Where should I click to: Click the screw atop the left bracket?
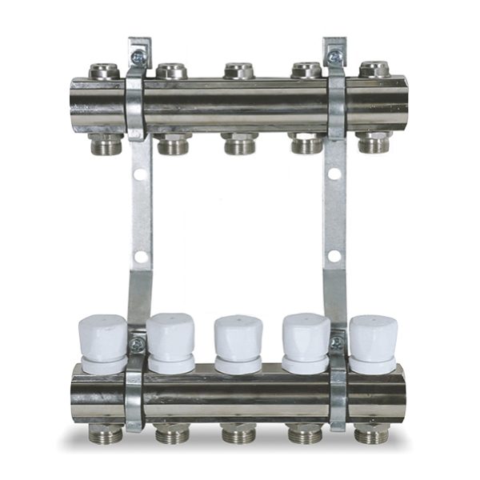point(139,57)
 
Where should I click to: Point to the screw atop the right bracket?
point(334,57)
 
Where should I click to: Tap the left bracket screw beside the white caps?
point(138,345)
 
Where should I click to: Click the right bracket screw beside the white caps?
point(337,343)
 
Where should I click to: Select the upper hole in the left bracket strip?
point(142,173)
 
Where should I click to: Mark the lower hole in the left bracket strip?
point(142,258)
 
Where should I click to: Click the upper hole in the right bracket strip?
point(334,173)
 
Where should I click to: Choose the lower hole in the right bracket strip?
point(334,257)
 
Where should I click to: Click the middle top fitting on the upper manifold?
point(239,70)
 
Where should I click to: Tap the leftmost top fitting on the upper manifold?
point(104,70)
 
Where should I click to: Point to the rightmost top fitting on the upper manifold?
point(374,70)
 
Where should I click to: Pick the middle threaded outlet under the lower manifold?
point(239,434)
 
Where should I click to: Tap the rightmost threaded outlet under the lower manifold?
point(371,434)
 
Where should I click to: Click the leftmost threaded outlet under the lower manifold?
point(106,434)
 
